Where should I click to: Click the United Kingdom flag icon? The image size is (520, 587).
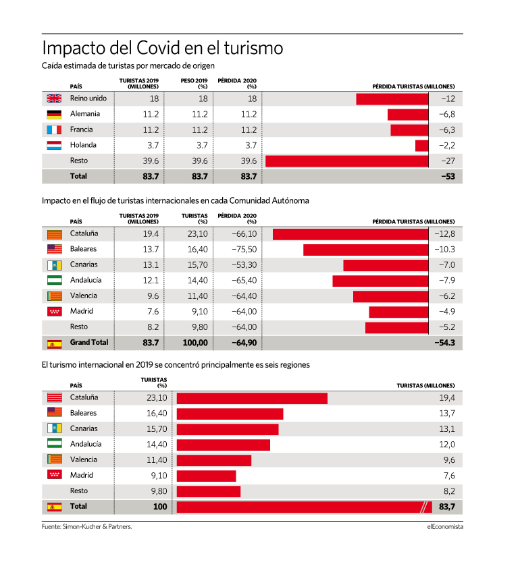click(54, 98)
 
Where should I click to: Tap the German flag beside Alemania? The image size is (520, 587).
click(54, 114)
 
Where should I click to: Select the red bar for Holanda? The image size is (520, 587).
click(421, 146)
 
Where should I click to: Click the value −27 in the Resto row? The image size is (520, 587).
click(448, 161)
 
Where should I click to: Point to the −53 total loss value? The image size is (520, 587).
click(448, 176)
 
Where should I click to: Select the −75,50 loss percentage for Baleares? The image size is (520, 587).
click(244, 250)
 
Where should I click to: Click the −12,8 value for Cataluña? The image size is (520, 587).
click(444, 234)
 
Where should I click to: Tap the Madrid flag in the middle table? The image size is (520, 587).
click(54, 311)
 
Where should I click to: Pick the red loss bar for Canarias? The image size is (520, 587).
click(386, 265)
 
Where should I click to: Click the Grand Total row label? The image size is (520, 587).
click(88, 342)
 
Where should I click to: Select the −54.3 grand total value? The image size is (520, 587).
click(444, 343)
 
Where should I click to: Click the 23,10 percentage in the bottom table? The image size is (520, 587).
click(157, 397)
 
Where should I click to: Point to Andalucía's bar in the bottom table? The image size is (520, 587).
click(224, 445)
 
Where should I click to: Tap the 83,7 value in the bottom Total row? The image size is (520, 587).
click(447, 507)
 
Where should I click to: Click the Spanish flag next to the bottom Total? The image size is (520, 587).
click(54, 507)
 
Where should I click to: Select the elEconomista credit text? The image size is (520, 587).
click(445, 526)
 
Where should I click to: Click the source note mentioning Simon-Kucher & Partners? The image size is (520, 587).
click(87, 526)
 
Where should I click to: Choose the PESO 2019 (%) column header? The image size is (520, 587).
click(194, 84)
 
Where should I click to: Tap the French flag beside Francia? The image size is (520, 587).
click(54, 130)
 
